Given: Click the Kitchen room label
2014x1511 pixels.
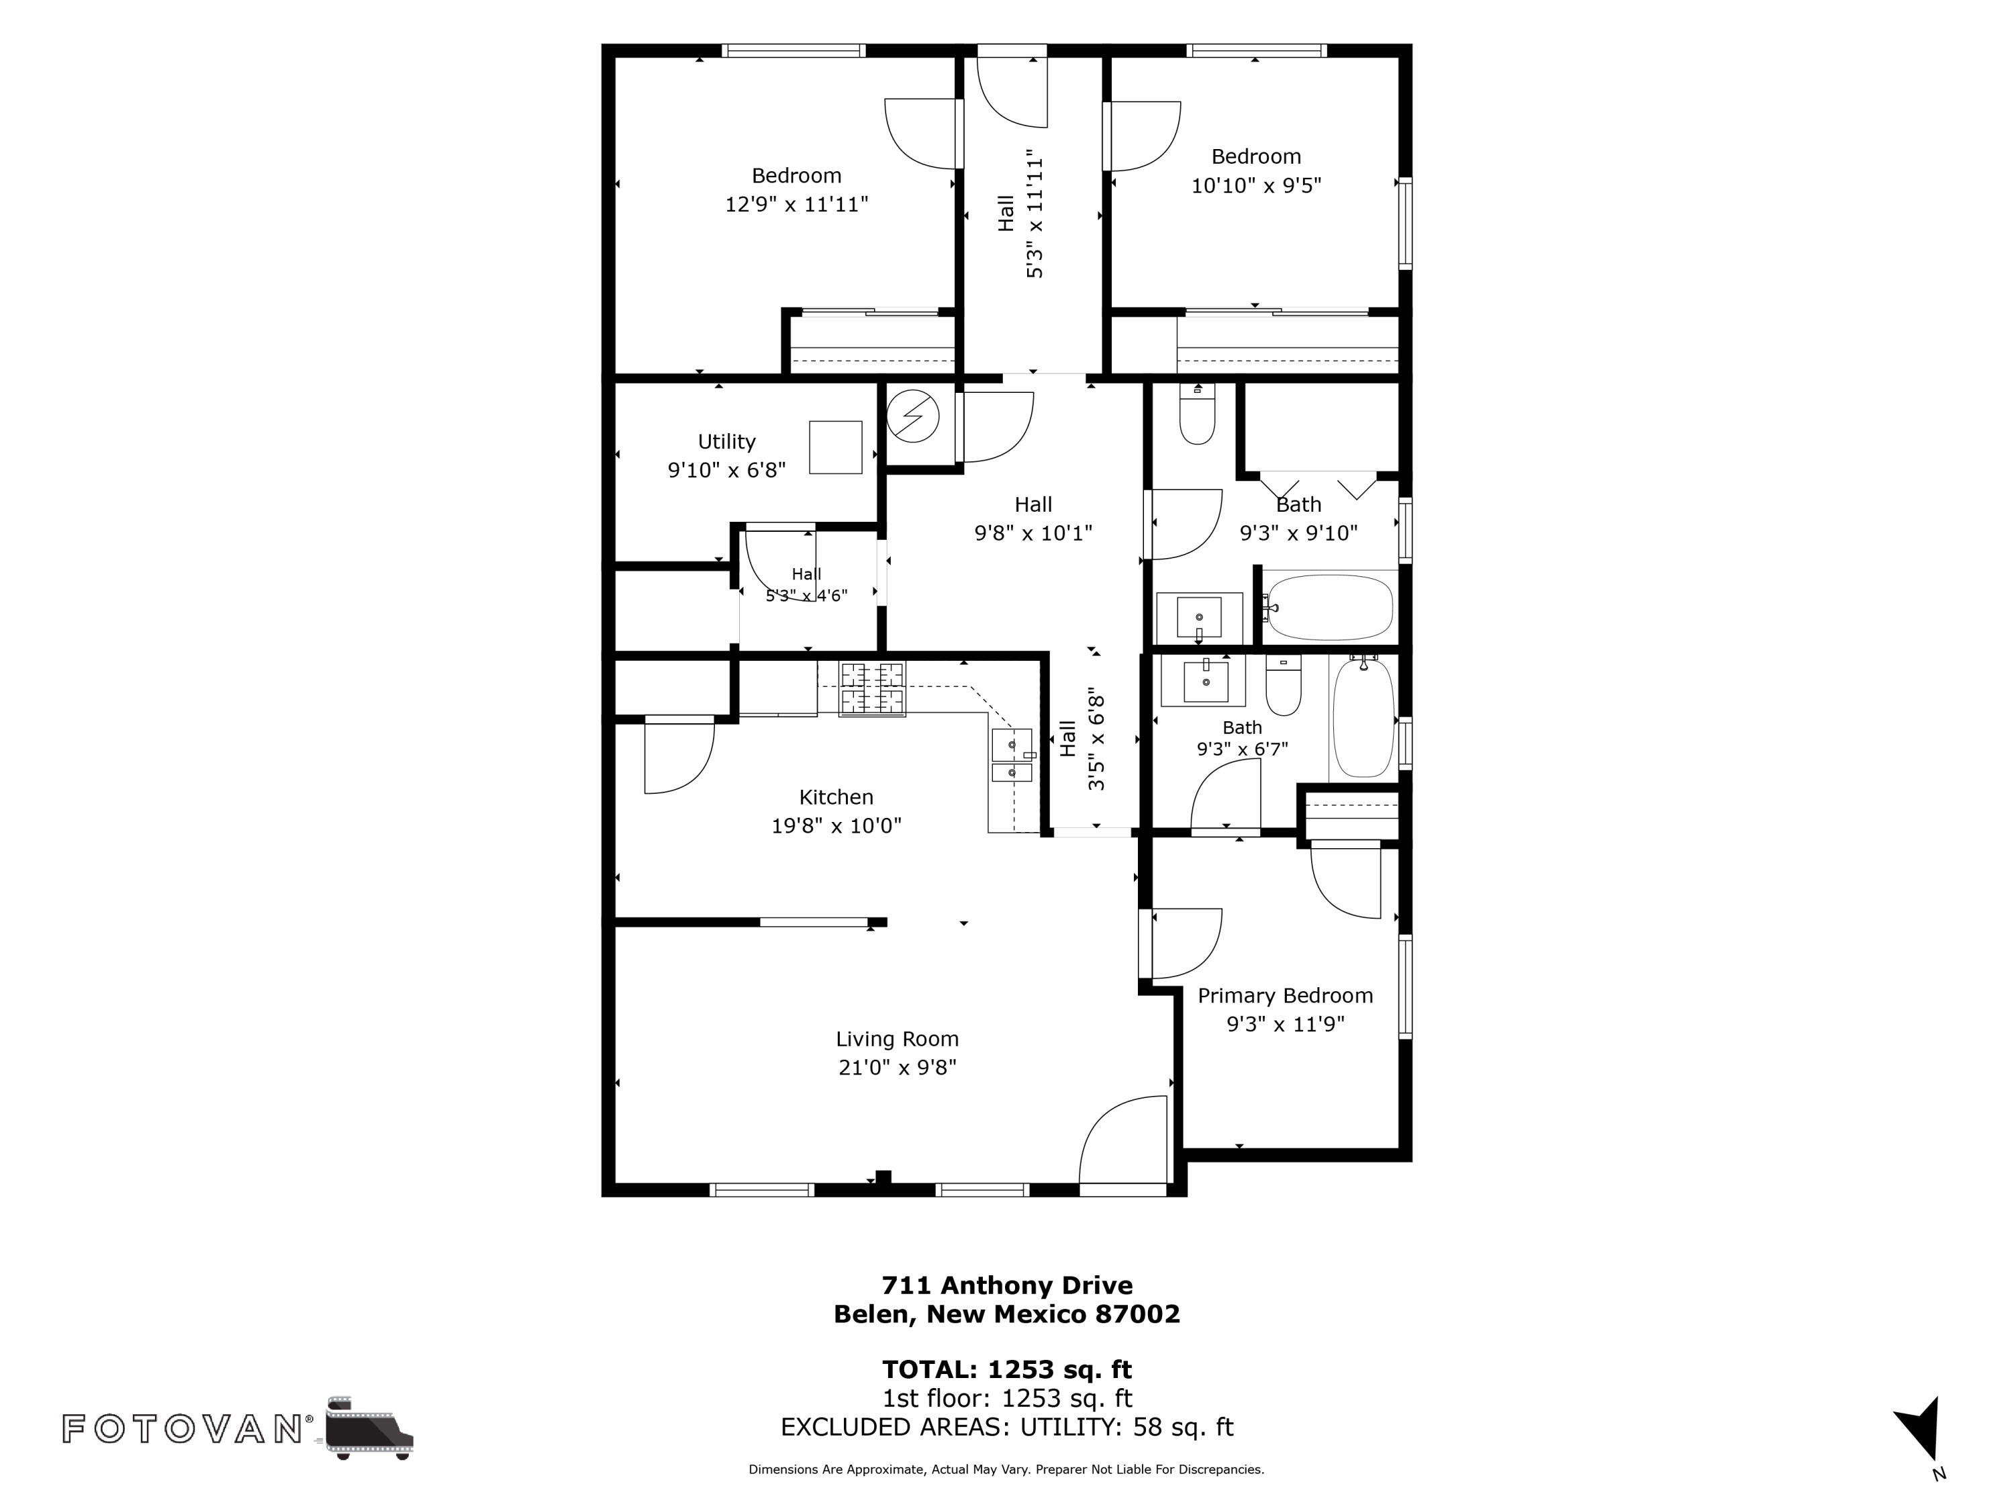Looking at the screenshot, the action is click(836, 797).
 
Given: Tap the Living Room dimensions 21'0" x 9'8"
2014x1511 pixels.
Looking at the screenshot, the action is click(897, 1066).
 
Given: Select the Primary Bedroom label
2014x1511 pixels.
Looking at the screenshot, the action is click(1285, 995).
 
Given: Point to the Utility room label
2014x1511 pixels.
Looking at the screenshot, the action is click(726, 442).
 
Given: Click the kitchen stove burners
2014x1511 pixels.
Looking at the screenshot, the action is click(872, 688).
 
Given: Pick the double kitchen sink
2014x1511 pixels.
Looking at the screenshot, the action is click(1012, 755).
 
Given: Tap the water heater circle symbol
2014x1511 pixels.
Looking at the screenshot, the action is click(912, 416).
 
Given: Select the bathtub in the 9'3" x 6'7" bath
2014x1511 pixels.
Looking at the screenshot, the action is click(1363, 718).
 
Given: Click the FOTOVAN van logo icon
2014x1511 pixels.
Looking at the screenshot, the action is click(369, 1427).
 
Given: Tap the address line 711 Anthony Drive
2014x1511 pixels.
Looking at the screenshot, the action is click(1007, 1285).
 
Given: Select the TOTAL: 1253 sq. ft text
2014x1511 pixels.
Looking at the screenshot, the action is click(1007, 1369).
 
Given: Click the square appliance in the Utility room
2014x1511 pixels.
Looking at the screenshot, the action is click(836, 447).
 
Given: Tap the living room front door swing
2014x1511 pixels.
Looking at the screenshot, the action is click(1122, 1140).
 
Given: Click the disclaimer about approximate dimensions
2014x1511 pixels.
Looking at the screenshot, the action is click(1006, 1469).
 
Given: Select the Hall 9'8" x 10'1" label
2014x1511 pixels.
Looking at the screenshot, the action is click(1033, 518).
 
